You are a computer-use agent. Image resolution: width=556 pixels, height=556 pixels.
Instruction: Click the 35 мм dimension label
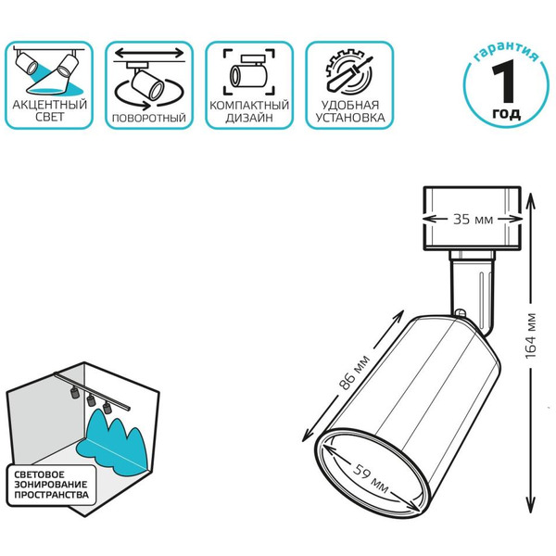coord(473,220)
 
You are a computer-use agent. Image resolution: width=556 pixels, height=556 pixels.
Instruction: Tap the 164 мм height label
coord(531,335)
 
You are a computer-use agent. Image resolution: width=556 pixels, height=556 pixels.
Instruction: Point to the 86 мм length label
coord(355,372)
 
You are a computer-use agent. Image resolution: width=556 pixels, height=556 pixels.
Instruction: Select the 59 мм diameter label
coord(371,479)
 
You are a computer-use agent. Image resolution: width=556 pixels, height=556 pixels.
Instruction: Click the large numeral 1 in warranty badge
coord(503,81)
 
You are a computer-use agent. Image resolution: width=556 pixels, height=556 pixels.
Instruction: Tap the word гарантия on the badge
coord(506,51)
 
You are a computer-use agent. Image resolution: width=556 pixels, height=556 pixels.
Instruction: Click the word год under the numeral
coord(506,113)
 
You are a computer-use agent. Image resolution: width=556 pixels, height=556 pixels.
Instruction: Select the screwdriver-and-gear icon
coord(349,73)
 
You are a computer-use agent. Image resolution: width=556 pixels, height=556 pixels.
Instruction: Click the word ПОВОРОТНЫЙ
coord(149,118)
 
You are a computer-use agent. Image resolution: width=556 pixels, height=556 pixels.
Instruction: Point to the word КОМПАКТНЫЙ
coord(249,106)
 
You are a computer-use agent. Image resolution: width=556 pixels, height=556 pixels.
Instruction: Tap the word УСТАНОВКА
coord(350,118)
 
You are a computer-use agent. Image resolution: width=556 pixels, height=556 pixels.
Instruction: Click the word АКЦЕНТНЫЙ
coord(50,105)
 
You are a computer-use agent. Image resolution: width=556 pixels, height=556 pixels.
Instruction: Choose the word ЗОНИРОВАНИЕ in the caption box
coord(50,485)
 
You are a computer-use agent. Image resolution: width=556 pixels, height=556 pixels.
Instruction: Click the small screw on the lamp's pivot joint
coord(461,313)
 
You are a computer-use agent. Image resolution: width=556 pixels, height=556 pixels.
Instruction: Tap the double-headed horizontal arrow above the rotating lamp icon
coord(149,54)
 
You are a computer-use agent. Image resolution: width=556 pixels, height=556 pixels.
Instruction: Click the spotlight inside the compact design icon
coord(248,72)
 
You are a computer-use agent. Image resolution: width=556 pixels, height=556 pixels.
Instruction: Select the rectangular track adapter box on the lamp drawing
coord(473,218)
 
